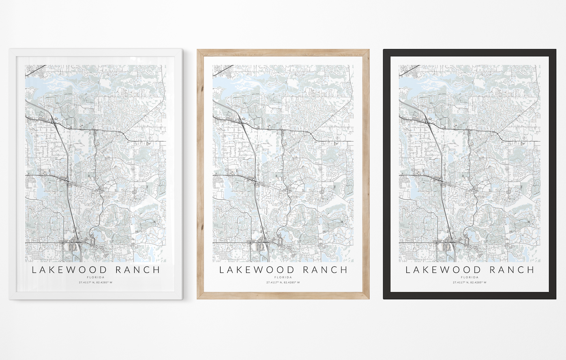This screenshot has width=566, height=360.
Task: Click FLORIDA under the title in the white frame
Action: point(96,277)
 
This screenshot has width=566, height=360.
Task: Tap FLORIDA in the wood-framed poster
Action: point(283,277)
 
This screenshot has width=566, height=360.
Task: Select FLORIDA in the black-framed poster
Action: point(470,277)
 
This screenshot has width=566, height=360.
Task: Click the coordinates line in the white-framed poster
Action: point(96,283)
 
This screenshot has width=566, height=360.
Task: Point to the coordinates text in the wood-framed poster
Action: point(283,283)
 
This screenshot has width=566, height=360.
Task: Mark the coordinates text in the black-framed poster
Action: point(470,283)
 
